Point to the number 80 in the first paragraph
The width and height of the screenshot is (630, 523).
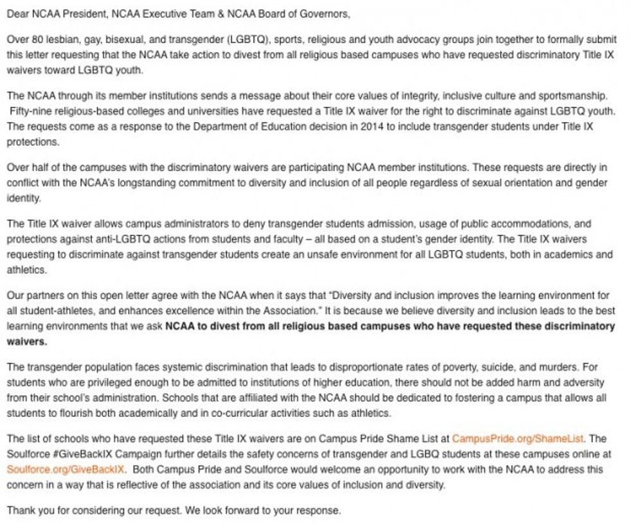click(x=36, y=39)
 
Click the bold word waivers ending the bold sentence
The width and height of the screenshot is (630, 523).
click(x=26, y=342)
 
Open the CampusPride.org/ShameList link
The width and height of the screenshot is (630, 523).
click(x=517, y=439)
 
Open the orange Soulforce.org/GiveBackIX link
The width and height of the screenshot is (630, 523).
click(x=66, y=470)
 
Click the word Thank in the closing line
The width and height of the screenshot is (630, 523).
click(x=21, y=511)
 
